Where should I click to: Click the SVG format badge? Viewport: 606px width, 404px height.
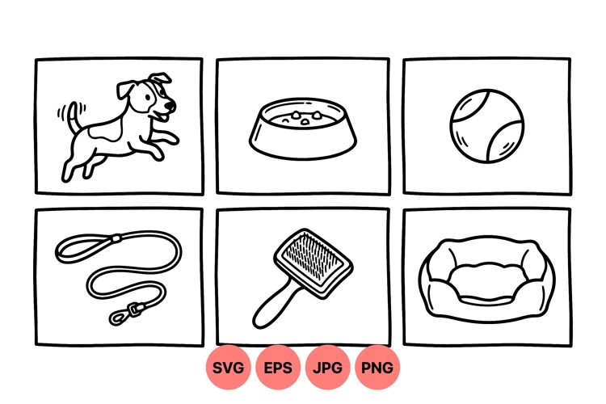tap(229, 368)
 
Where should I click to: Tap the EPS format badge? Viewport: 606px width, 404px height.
tap(278, 368)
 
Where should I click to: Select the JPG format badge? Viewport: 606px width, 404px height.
tap(327, 368)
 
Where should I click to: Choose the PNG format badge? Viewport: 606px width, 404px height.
tap(377, 368)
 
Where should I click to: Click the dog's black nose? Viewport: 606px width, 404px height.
tap(171, 104)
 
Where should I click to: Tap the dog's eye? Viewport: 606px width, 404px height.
tap(154, 97)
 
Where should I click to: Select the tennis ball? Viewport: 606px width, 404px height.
tap(487, 127)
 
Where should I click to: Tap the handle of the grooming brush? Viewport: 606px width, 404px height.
tap(270, 305)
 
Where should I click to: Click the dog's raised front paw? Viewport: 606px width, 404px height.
tap(173, 139)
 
